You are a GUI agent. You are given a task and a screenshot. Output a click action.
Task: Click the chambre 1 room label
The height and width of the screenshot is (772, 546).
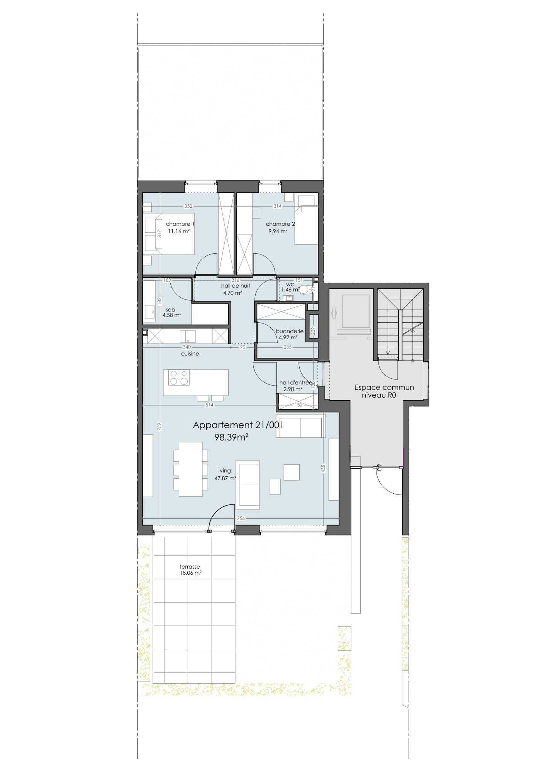click(x=180, y=224)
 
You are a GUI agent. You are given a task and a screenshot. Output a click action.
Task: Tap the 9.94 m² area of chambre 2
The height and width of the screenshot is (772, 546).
click(x=278, y=231)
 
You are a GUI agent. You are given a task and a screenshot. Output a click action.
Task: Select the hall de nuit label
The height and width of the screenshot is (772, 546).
click(x=236, y=286)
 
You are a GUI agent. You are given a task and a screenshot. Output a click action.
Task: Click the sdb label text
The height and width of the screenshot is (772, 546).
click(x=170, y=310)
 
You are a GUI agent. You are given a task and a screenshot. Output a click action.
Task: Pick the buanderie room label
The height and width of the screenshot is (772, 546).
click(x=290, y=331)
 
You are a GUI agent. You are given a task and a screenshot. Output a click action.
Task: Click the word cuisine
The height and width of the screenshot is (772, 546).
click(x=190, y=354)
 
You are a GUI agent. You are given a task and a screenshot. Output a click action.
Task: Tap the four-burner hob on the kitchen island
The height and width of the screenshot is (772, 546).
click(x=179, y=378)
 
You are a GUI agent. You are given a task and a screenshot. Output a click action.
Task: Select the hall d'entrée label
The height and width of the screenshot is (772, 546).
click(x=296, y=383)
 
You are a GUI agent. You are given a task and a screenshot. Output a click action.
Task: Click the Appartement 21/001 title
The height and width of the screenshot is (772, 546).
click(x=238, y=425)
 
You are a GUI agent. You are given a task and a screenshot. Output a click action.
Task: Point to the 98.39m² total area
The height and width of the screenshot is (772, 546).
click(x=231, y=437)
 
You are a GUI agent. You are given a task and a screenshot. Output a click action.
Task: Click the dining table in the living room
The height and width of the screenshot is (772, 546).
click(x=191, y=469)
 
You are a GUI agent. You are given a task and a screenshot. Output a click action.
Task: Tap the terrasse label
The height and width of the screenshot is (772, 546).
click(x=190, y=567)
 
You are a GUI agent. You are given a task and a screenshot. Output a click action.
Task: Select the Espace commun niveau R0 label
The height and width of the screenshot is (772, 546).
click(x=384, y=391)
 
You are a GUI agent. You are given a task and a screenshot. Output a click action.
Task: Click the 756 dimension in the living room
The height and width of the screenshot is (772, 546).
click(x=241, y=518)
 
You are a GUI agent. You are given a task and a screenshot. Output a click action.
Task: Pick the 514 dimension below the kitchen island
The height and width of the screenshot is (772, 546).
click(x=209, y=405)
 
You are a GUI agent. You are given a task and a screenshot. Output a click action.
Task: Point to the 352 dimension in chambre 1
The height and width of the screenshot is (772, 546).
click(x=188, y=206)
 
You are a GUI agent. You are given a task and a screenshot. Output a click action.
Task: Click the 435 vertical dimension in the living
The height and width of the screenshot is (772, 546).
click(x=323, y=468)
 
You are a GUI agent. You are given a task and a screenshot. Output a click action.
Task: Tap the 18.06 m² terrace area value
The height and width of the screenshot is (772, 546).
click(x=191, y=573)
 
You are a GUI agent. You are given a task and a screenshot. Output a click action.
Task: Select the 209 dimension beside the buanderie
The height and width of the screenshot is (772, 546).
click(x=313, y=331)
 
